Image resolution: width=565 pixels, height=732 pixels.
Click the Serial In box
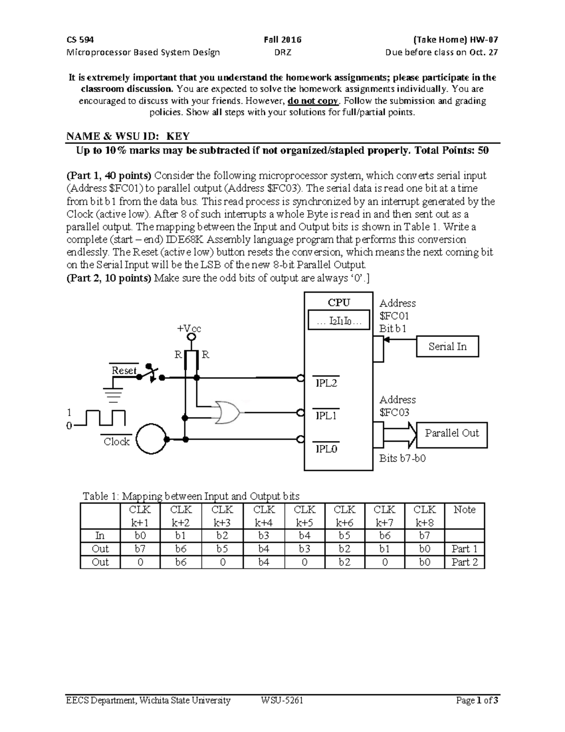coord(447,347)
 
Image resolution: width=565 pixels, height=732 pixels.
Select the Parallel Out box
coord(452,434)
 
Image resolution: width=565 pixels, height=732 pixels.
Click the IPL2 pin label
coord(326,383)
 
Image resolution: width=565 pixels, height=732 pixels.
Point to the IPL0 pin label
coord(326,449)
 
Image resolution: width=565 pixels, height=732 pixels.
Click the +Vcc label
coord(189,329)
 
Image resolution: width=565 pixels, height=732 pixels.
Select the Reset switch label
coord(124,370)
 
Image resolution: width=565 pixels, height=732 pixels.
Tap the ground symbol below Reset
coord(113,394)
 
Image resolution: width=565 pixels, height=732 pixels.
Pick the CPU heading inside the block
coord(339,303)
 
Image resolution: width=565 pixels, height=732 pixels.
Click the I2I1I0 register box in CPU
coord(339,321)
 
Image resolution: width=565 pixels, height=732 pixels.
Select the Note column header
coord(464,510)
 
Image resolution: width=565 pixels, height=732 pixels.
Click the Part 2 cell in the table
coord(464,562)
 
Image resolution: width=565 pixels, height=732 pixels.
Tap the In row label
coord(100,535)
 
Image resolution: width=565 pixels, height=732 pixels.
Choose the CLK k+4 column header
coord(264,516)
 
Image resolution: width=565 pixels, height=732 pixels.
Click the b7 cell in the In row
coord(424,535)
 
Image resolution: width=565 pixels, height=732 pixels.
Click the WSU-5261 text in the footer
coord(282,700)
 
